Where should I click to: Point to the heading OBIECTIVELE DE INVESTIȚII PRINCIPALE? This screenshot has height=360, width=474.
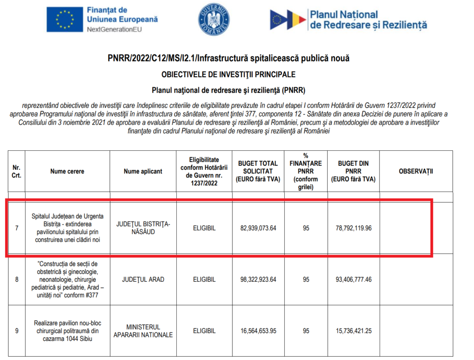[x=228, y=74]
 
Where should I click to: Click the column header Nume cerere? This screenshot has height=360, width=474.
[x=67, y=171]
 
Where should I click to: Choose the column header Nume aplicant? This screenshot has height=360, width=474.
[x=143, y=171]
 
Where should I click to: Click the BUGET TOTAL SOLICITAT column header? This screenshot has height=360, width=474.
[x=258, y=171]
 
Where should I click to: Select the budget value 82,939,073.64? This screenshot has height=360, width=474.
[x=258, y=228]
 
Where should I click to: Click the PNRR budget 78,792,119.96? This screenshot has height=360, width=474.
[x=354, y=228]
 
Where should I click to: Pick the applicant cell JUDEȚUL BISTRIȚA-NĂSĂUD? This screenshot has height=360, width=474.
[x=143, y=228]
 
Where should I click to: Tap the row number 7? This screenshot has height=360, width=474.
[x=17, y=228]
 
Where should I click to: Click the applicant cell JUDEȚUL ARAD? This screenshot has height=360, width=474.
[x=143, y=279]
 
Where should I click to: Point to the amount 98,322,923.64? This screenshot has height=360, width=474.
[x=258, y=279]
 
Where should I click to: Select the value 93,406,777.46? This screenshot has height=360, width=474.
[x=354, y=279]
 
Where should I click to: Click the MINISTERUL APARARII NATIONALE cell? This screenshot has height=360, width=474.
[x=143, y=331]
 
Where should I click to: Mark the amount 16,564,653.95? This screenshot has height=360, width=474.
[x=258, y=331]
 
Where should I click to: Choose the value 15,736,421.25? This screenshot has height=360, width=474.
[x=354, y=331]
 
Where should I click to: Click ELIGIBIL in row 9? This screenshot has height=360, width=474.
[x=204, y=331]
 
